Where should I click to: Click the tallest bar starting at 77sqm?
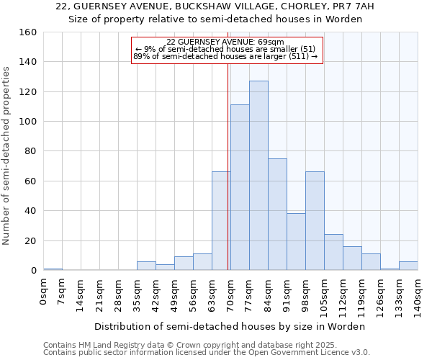click(x=258, y=176)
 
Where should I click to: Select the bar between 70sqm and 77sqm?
click(x=240, y=187)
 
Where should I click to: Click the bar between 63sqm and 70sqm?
click(x=221, y=221)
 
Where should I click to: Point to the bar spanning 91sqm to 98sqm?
click(x=296, y=242)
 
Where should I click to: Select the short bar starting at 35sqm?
click(x=146, y=266)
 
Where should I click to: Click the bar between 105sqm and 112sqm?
click(x=333, y=253)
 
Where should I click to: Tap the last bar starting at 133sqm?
click(x=408, y=266)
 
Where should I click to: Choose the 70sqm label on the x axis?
click(x=231, y=294)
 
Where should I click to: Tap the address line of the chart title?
click(x=215, y=6)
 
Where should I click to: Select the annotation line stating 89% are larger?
click(x=225, y=56)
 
